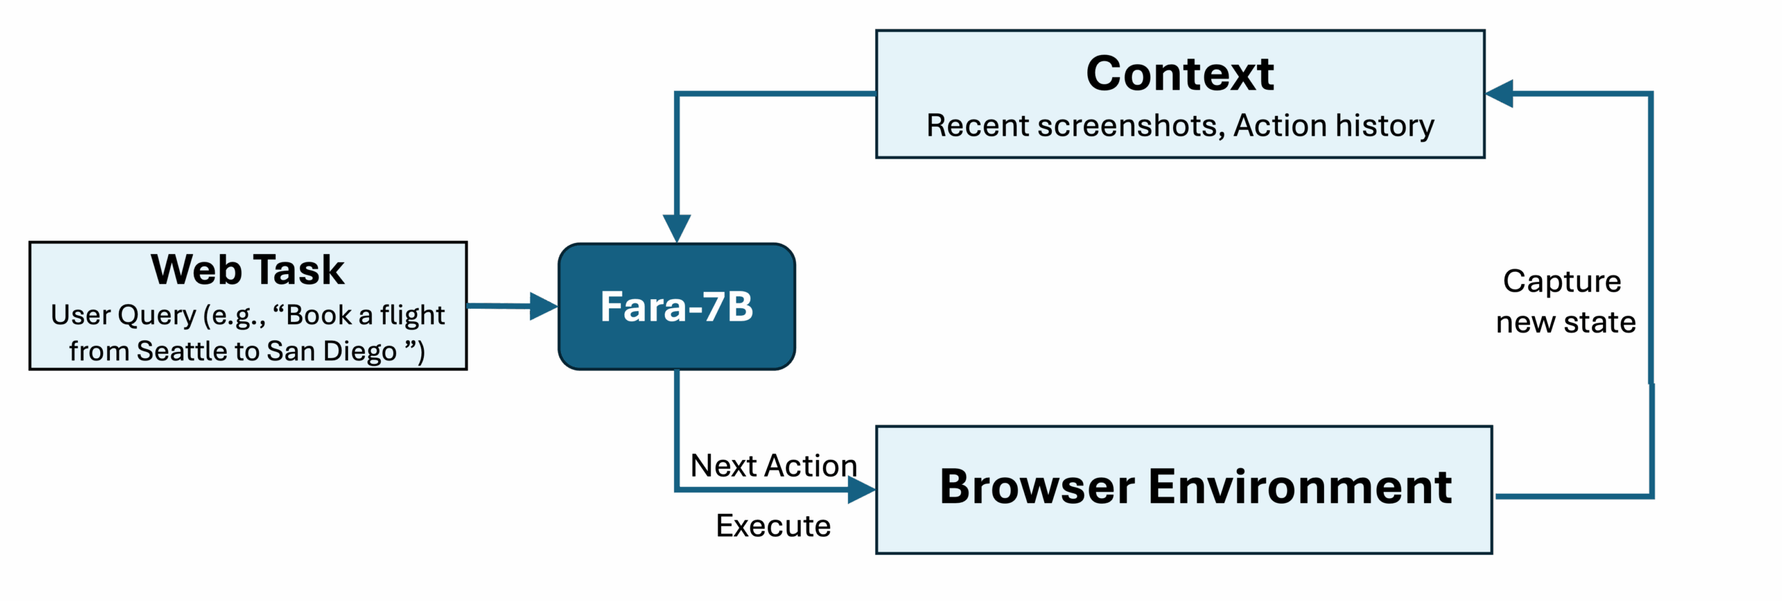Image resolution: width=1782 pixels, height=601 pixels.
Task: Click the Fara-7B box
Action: coord(677,307)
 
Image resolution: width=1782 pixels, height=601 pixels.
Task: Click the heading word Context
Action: coord(1180,74)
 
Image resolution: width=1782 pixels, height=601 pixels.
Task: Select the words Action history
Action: coord(1333,126)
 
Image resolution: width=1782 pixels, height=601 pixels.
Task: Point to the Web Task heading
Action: coord(248,270)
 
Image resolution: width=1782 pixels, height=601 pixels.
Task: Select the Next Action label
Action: coord(773,465)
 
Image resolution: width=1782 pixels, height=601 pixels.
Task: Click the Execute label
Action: coord(773,526)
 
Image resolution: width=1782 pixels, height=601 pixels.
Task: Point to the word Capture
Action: coord(1562,281)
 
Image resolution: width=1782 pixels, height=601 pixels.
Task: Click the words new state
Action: coord(1566,322)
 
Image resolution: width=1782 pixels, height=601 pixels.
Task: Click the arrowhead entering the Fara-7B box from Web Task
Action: coord(543,306)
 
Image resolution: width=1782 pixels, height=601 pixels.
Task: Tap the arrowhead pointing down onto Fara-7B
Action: coord(677,228)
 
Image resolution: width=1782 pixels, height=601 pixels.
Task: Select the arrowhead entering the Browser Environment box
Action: coord(861,490)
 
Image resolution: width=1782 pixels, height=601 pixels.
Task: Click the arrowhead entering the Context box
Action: coord(1499,93)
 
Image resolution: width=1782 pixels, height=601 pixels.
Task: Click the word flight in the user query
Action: coord(412,315)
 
